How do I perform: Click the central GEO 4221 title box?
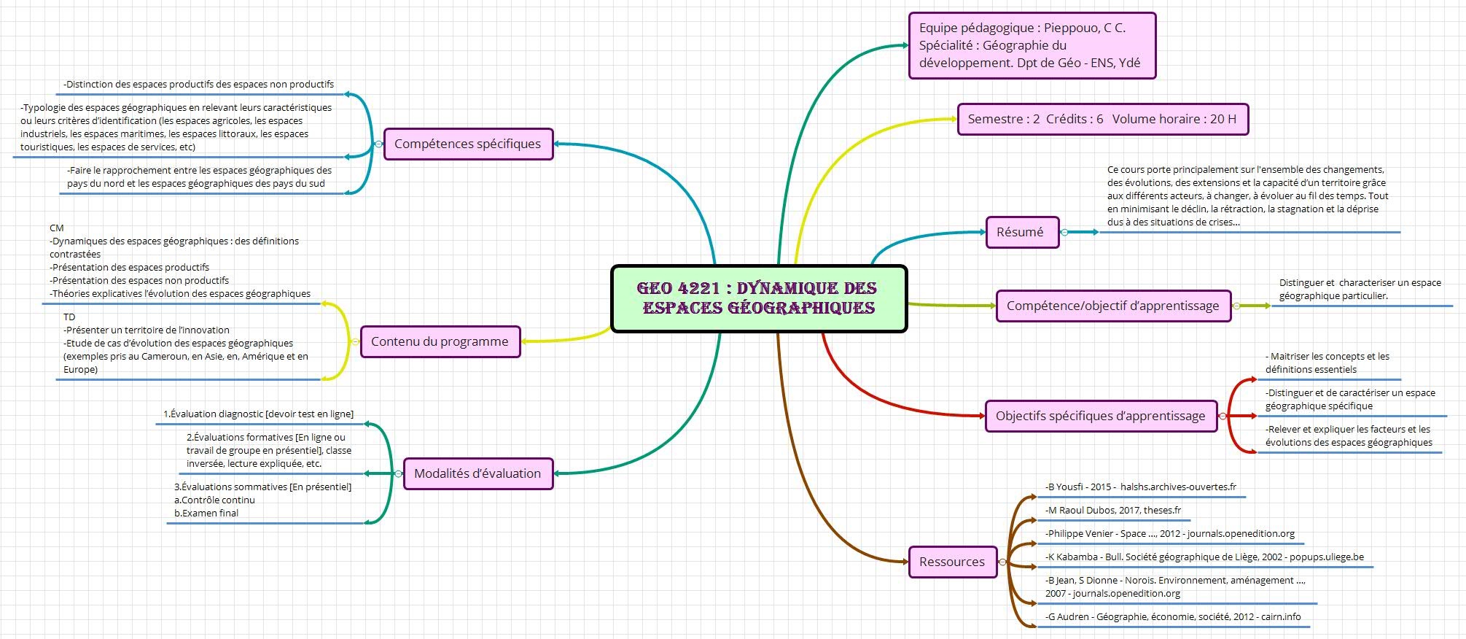coord(758,298)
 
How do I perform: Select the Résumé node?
coord(1021,232)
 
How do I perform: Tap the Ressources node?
coord(952,562)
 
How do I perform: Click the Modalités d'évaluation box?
coord(477,473)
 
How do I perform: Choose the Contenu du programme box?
coord(440,341)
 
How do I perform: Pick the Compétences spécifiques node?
coord(468,144)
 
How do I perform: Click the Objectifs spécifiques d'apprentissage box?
coord(1100,416)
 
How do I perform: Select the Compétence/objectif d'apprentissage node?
coord(1112,306)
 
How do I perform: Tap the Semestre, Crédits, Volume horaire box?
coord(1102,119)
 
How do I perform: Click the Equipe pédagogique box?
coord(1032,45)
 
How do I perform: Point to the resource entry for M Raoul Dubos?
coord(1113,511)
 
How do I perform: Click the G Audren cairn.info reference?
coord(1173,617)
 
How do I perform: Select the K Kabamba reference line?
coord(1204,557)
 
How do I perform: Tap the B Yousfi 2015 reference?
coord(1141,487)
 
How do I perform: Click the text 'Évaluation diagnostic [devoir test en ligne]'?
coord(259,414)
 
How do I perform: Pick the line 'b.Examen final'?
coord(206,514)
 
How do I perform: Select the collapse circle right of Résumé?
coord(1064,232)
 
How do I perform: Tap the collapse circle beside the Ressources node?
coord(1002,562)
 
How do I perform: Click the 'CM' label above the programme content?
coord(57,228)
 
